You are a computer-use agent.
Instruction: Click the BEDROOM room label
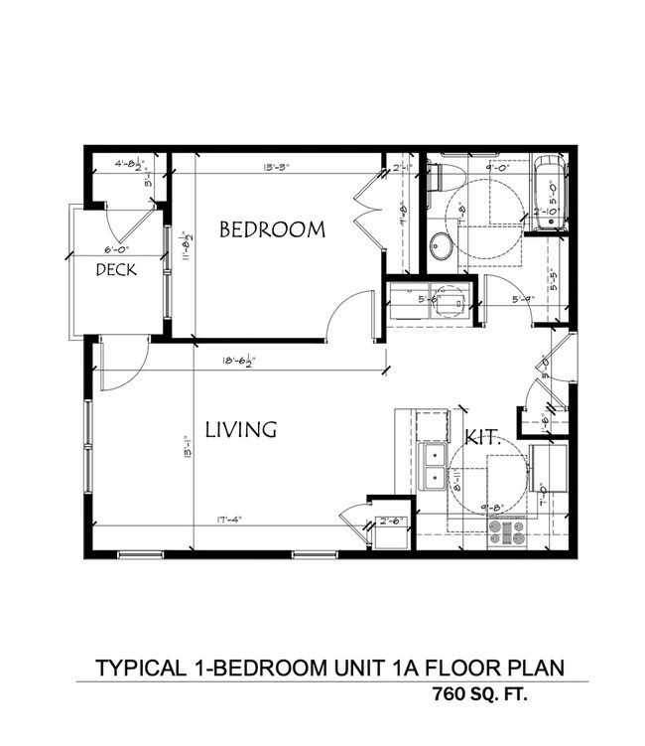[x=271, y=229]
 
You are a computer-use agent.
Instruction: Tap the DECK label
[x=115, y=269]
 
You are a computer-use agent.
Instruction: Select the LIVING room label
[x=239, y=430]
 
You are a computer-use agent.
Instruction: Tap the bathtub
[x=549, y=195]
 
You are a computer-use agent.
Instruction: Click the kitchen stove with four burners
[x=507, y=533]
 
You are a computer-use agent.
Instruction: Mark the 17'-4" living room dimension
[x=224, y=519]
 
